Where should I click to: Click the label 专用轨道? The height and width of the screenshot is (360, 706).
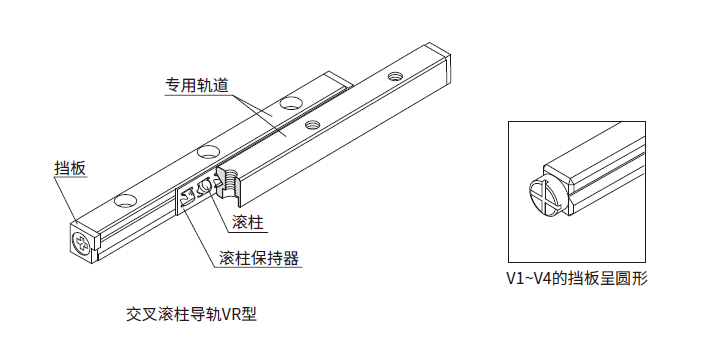[x=197, y=86]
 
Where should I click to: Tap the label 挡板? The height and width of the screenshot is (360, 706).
[x=70, y=169]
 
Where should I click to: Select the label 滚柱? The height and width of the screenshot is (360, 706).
[x=248, y=222]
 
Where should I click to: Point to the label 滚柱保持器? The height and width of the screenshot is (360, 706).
[x=259, y=258]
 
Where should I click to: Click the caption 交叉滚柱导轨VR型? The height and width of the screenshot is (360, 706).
[x=191, y=314]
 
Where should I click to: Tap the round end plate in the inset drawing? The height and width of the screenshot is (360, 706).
[x=544, y=197]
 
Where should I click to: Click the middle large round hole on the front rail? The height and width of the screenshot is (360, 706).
[x=208, y=152]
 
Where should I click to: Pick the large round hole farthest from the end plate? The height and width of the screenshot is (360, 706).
[x=290, y=103]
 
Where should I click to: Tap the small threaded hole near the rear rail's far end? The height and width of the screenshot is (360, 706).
[x=395, y=76]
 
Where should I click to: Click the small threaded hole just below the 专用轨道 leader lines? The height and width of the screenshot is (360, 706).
[x=310, y=124]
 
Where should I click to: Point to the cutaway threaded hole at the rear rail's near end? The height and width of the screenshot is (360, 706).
[x=231, y=182]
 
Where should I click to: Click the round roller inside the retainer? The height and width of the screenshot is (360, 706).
[x=206, y=185]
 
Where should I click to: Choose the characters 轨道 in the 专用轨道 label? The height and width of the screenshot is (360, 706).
[x=213, y=86]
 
